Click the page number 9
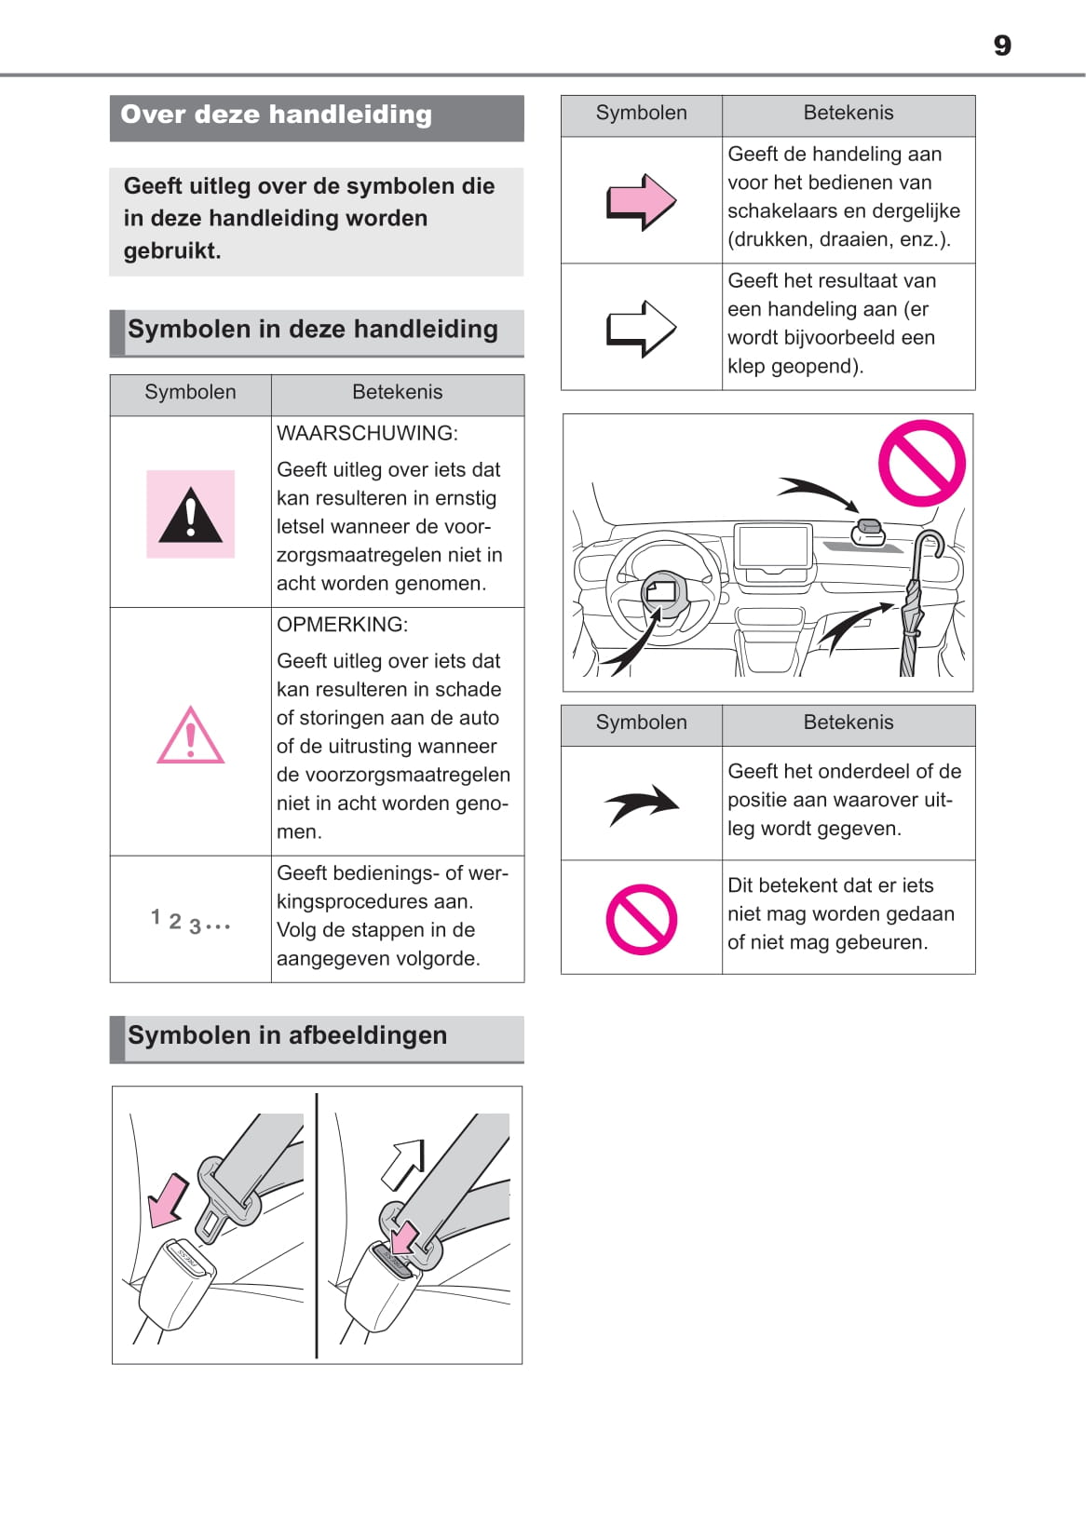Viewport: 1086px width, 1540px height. click(1001, 46)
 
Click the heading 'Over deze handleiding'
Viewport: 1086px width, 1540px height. click(276, 115)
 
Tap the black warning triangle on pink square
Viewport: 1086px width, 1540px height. click(190, 514)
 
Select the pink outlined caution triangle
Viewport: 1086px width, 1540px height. click(190, 736)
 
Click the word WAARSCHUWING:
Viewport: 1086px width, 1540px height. click(367, 433)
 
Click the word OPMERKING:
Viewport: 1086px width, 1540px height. click(342, 624)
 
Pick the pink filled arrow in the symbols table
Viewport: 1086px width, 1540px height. click(641, 201)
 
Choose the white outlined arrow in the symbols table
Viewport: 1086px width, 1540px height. click(641, 328)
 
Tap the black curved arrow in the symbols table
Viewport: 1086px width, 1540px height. click(641, 804)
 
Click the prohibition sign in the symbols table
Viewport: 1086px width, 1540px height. click(641, 919)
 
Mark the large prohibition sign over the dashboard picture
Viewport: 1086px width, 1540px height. click(921, 463)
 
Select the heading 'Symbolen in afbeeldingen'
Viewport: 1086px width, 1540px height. click(287, 1035)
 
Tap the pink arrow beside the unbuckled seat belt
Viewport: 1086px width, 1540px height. click(168, 1198)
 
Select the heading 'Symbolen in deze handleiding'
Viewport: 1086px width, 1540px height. click(313, 330)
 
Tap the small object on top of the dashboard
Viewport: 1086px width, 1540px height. click(868, 532)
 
